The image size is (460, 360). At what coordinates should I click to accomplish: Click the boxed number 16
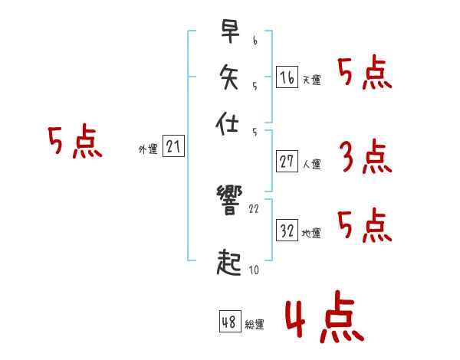[x=287, y=77]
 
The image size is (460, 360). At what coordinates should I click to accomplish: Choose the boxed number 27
[x=287, y=161]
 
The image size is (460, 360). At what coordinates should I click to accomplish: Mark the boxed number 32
[x=287, y=230]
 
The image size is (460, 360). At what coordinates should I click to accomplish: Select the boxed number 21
[x=173, y=147]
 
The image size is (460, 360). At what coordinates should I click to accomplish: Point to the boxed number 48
[x=229, y=322]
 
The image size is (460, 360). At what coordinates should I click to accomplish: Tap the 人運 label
[x=311, y=164]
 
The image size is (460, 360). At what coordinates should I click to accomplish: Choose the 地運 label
[x=311, y=234]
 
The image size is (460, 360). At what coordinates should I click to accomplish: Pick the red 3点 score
[x=365, y=157]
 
